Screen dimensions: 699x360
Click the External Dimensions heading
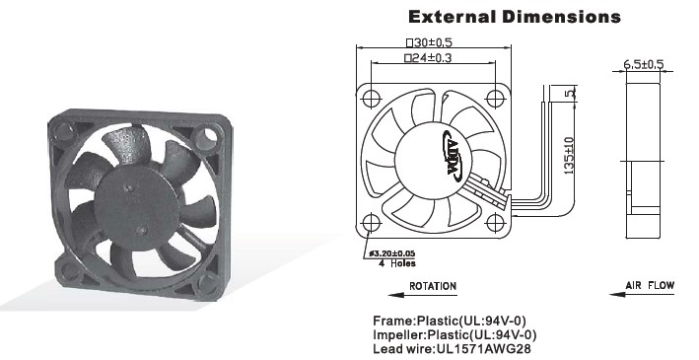click(515, 17)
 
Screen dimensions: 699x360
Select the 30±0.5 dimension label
click(429, 42)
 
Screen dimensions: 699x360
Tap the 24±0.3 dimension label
click(428, 57)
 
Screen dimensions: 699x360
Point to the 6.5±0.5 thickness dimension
click(643, 64)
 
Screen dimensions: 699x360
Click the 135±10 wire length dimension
click(569, 156)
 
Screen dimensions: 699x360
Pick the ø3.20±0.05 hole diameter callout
click(391, 253)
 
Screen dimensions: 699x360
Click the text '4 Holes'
click(396, 263)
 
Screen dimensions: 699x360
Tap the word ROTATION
click(433, 286)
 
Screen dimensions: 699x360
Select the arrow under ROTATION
click(422, 295)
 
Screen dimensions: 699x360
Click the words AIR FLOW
click(650, 285)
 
